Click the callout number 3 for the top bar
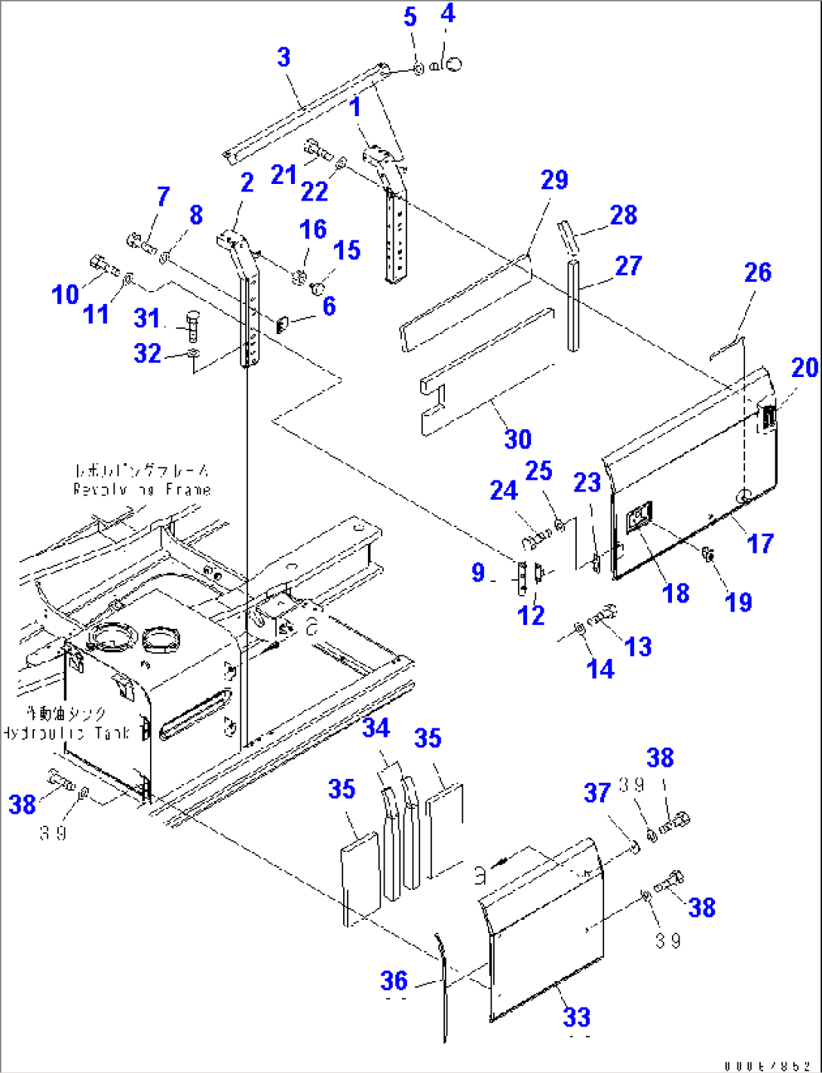[284, 57]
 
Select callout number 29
[554, 180]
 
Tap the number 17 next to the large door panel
[760, 543]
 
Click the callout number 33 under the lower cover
[577, 1016]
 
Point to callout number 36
[394, 980]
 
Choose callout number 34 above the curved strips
[376, 728]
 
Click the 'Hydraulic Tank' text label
[66, 732]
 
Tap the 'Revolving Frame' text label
[142, 489]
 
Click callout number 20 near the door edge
[805, 368]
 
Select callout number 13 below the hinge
[638, 646]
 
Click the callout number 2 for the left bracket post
[247, 182]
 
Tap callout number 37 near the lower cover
[597, 792]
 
